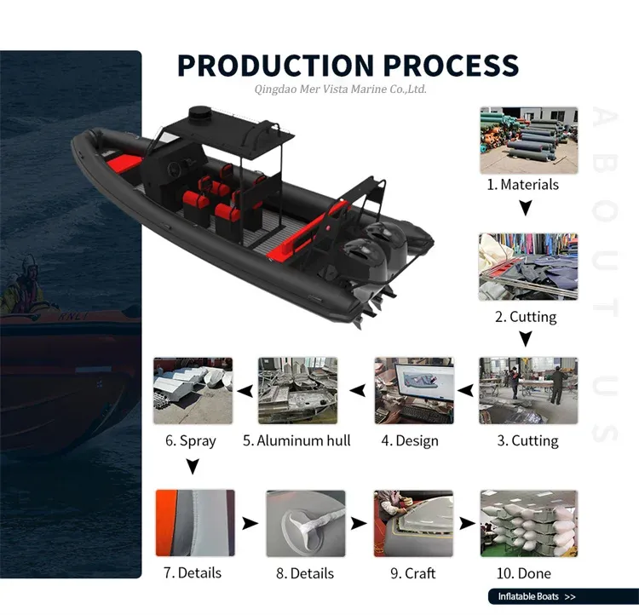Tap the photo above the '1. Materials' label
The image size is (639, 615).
(x=528, y=140)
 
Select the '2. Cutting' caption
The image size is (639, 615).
(x=526, y=317)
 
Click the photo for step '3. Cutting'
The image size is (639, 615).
(x=528, y=391)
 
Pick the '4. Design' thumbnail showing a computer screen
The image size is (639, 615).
(x=414, y=391)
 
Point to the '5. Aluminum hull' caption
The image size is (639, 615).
(x=296, y=440)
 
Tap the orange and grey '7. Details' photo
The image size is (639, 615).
(x=194, y=523)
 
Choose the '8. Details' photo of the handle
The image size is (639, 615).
(x=306, y=523)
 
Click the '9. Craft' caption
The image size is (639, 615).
(x=413, y=573)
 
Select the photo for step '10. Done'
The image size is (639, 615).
(x=528, y=523)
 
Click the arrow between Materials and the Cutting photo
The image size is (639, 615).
(x=526, y=207)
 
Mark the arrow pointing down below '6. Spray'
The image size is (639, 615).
(x=193, y=466)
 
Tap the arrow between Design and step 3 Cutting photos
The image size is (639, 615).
(x=465, y=391)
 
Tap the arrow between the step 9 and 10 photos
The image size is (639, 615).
(x=467, y=523)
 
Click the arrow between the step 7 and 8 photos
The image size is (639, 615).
(x=250, y=523)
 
